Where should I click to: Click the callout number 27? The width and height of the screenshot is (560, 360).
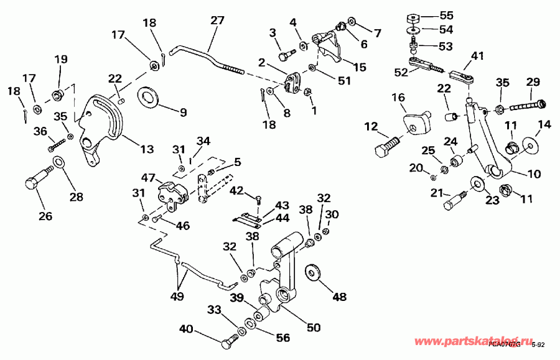coord(217,20)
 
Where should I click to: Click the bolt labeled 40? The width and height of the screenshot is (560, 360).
coord(229,340)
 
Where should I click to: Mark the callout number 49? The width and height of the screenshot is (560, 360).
coord(177,297)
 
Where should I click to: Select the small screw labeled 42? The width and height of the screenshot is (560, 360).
coord(258,199)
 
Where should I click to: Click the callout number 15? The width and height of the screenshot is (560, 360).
coord(343,66)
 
